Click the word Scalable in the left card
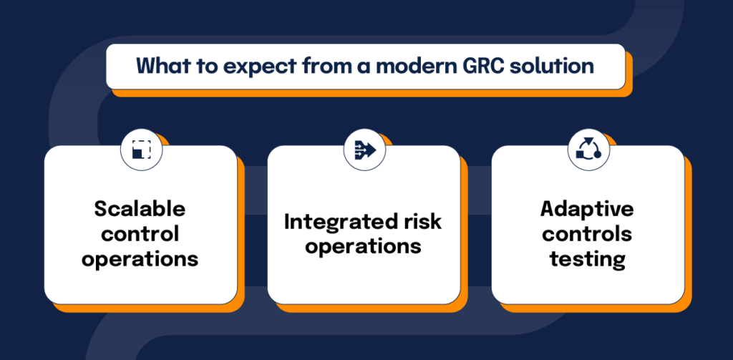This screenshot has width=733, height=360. point(140,208)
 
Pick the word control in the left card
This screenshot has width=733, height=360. point(140,233)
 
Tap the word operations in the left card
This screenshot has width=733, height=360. point(140,258)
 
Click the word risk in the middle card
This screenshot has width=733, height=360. point(422,221)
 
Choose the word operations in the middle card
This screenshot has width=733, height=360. point(363,246)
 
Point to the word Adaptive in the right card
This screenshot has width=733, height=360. point(587,208)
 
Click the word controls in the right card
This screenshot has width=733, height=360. point(587,233)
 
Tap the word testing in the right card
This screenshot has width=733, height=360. point(587,258)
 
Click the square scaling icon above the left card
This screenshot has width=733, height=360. point(141,150)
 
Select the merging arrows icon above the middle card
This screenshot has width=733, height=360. point(364,150)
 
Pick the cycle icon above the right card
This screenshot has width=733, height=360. point(588,150)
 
